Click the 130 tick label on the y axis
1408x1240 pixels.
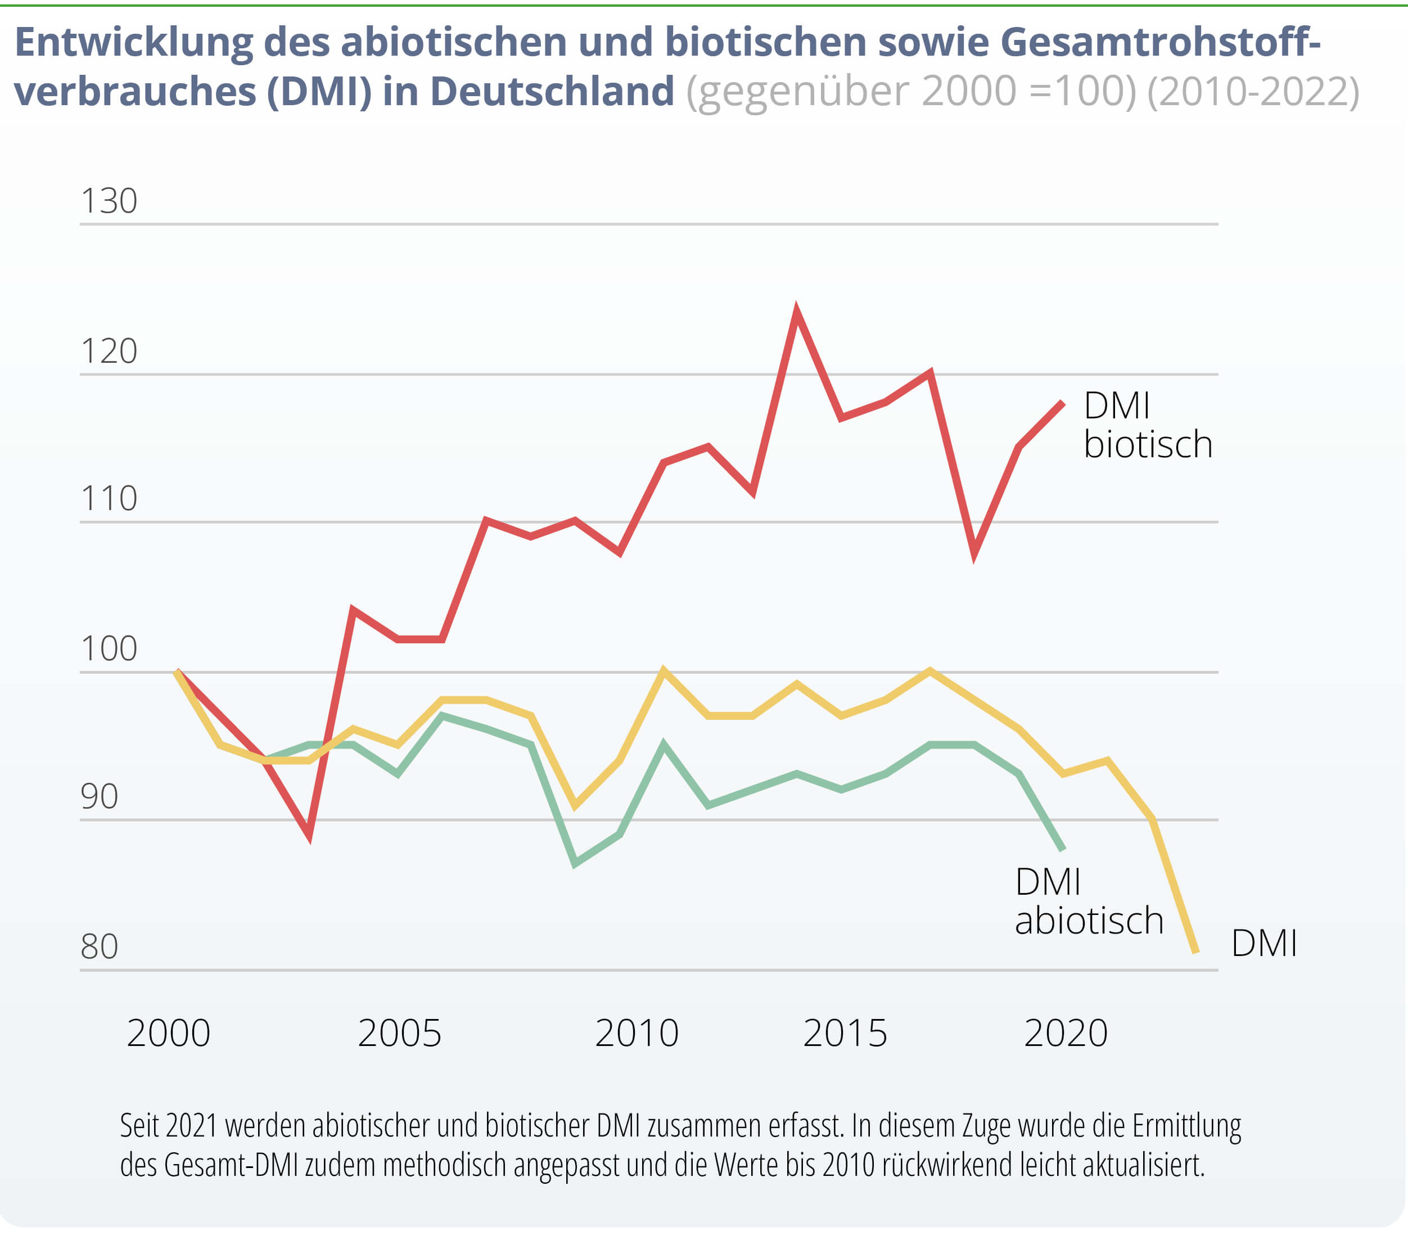109,201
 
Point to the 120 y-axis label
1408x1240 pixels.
109,351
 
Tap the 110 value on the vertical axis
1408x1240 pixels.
109,499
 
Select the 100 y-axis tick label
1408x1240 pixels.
109,649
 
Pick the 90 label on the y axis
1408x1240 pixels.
99,797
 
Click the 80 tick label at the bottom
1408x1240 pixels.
99,947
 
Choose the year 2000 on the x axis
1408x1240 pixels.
169,1034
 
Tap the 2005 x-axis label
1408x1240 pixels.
400,1034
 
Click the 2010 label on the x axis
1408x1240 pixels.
637,1034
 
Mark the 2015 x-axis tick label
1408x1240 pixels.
845,1034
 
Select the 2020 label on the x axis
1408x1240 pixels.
1066,1034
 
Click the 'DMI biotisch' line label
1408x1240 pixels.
1148,425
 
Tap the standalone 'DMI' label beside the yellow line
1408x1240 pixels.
1264,944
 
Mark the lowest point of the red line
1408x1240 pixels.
309,836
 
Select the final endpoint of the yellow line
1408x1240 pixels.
1197,953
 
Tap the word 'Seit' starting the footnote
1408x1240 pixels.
141,1126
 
